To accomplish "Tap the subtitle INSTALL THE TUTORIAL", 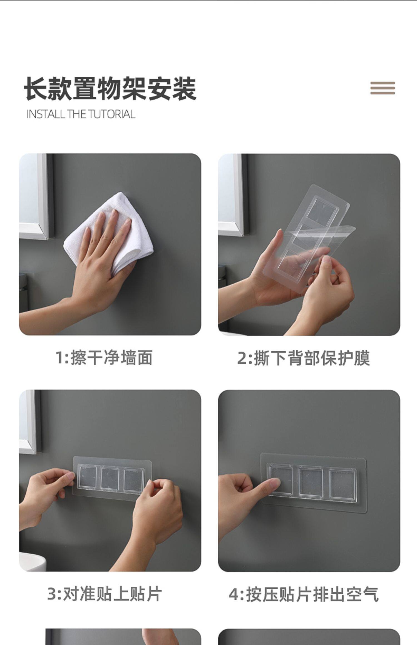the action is (x=81, y=114).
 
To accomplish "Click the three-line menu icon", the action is (x=383, y=88).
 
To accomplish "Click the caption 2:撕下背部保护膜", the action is (x=304, y=358).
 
